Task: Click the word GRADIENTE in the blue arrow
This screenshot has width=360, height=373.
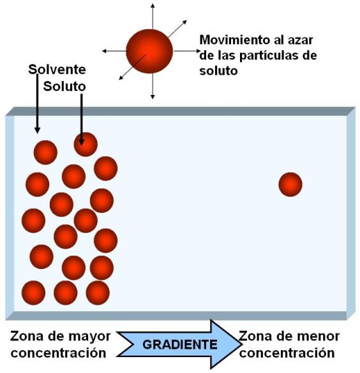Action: click(180, 345)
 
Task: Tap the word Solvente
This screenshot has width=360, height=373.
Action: click(57, 69)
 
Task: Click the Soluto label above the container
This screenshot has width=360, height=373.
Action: click(64, 86)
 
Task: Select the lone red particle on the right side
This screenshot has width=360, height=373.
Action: click(290, 184)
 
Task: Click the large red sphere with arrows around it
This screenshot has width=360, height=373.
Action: click(149, 51)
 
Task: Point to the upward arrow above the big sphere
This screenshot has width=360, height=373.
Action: click(153, 16)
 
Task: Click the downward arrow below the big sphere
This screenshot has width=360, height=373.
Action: click(153, 86)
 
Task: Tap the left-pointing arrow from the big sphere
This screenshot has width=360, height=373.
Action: click(114, 51)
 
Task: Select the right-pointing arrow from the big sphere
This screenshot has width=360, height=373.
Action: click(187, 51)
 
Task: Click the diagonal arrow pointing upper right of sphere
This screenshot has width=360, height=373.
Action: click(177, 29)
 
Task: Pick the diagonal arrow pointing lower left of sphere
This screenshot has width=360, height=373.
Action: click(132, 67)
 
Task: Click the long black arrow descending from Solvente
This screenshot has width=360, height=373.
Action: click(37, 104)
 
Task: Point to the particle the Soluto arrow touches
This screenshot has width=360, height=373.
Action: click(86, 144)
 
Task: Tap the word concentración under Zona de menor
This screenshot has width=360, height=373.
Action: click(287, 353)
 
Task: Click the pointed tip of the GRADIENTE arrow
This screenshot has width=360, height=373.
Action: click(242, 344)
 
